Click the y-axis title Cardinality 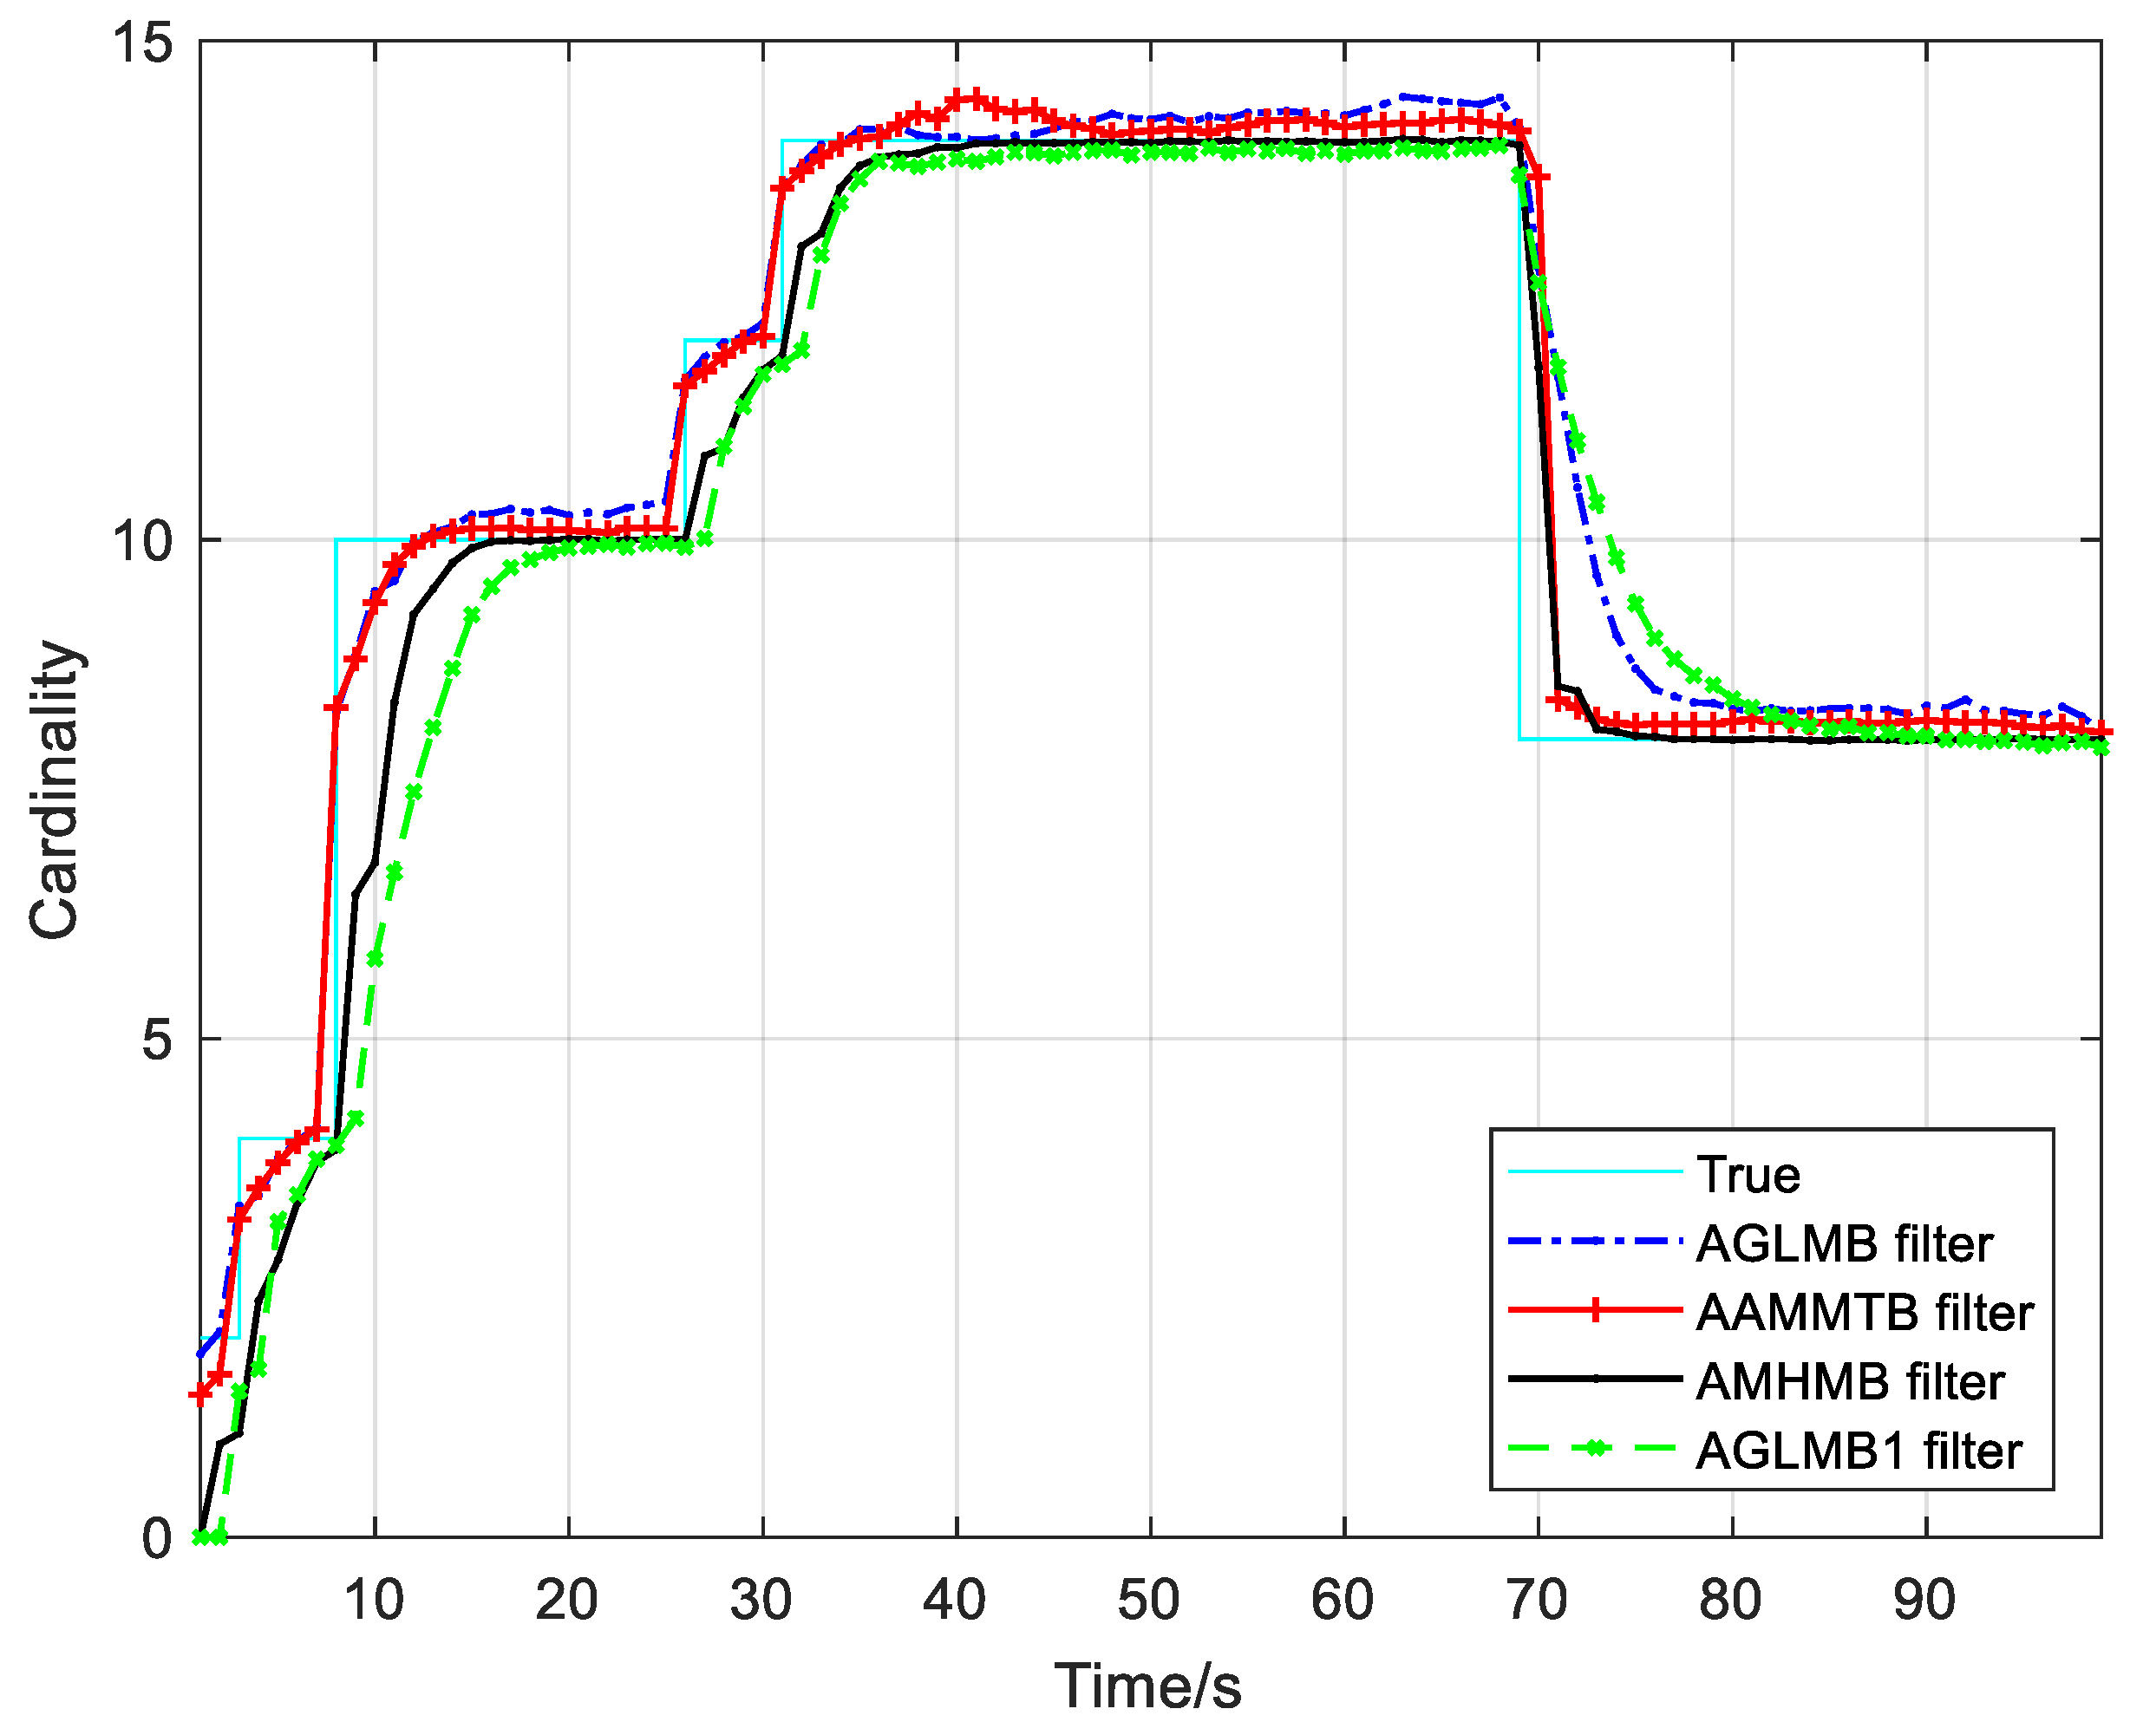pyautogui.click(x=54, y=790)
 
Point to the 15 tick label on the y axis pyautogui.click(x=143, y=44)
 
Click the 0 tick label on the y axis pyautogui.click(x=157, y=1538)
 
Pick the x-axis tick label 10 pyautogui.click(x=374, y=1600)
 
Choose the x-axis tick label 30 pyautogui.click(x=761, y=1600)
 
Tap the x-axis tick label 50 pyautogui.click(x=1149, y=1600)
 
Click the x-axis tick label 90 pyautogui.click(x=1925, y=1600)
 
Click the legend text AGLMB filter pyautogui.click(x=1844, y=1244)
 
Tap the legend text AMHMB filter pyautogui.click(x=1850, y=1382)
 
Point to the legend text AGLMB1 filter pyautogui.click(x=1859, y=1451)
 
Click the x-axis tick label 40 pyautogui.click(x=956, y=1600)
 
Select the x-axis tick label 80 pyautogui.click(x=1731, y=1600)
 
